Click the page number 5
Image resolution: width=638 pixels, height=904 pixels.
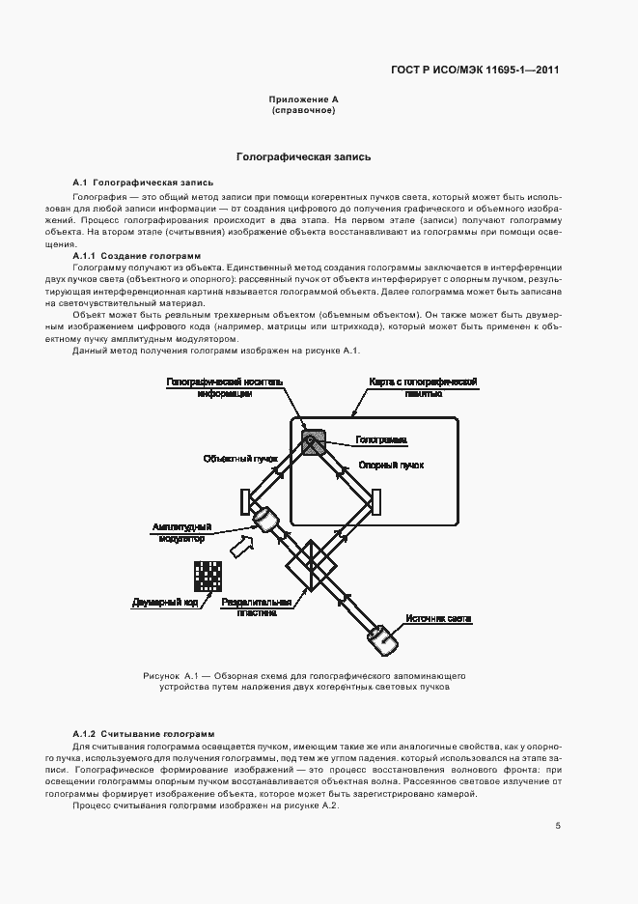[x=558, y=826]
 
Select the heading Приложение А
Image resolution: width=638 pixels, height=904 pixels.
[x=303, y=100]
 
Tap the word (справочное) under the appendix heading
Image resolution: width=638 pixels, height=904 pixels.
[x=303, y=111]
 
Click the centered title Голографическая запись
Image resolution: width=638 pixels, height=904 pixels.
[x=303, y=156]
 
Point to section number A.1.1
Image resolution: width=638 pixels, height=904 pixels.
[x=89, y=255]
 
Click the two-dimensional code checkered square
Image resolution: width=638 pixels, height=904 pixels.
[x=207, y=576]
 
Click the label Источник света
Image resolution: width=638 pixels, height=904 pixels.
[x=438, y=619]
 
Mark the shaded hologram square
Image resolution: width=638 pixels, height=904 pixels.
[x=312, y=443]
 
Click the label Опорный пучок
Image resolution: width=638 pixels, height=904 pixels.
[x=392, y=465]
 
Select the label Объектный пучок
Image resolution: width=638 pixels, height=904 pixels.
[x=240, y=458]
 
